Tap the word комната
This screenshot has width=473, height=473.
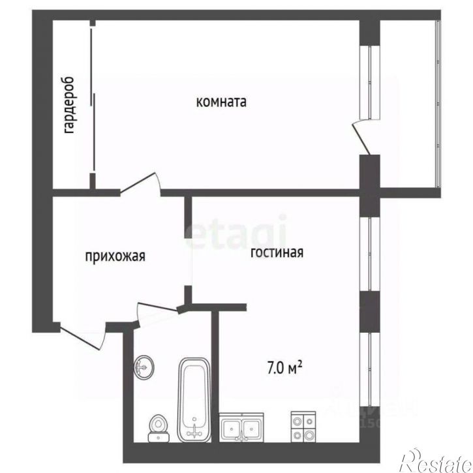[x=221, y=102]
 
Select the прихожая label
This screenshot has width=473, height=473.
[x=115, y=256]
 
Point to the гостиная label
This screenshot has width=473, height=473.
[x=277, y=253]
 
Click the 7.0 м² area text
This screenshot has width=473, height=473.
[x=284, y=368]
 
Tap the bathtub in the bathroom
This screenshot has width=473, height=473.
[x=194, y=397]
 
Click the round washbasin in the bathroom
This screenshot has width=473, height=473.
[x=144, y=367]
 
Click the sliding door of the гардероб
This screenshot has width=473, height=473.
[x=93, y=104]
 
